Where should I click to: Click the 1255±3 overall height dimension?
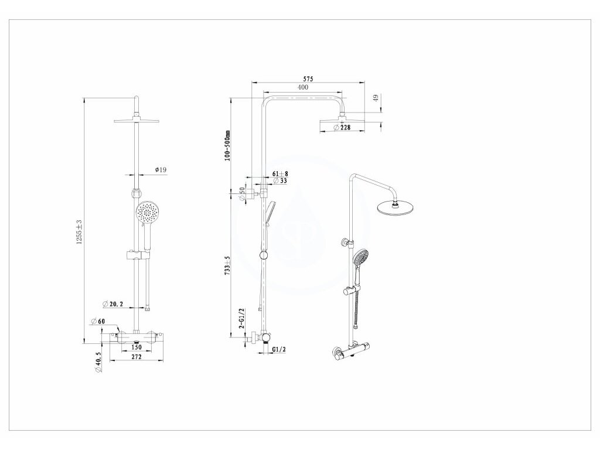pyautogui.click(x=79, y=232)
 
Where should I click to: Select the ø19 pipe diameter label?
pyautogui.click(x=161, y=170)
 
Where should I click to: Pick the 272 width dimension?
pyautogui.click(x=136, y=356)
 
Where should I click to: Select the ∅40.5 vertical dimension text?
pyautogui.click(x=98, y=362)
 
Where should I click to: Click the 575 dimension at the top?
pyautogui.click(x=308, y=79)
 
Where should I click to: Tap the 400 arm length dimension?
pyautogui.click(x=302, y=87)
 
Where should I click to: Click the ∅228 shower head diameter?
pyautogui.click(x=342, y=128)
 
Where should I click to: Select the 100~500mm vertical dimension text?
pyautogui.click(x=229, y=146)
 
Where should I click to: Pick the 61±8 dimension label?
pyautogui.click(x=280, y=174)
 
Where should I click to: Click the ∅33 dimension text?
pyautogui.click(x=280, y=181)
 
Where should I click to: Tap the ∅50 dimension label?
pyautogui.click(x=243, y=194)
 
